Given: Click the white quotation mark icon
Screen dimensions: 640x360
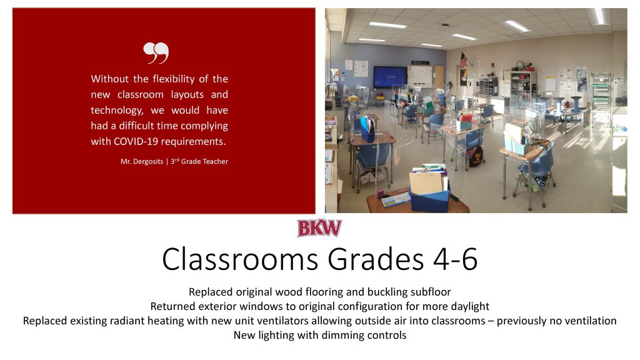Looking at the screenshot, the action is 156,52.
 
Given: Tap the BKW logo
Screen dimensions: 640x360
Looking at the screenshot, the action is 319,228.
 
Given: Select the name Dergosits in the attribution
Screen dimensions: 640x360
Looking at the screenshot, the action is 147,162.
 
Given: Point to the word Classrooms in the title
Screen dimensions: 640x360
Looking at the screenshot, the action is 240,259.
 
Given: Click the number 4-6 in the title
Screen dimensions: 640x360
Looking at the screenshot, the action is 455,259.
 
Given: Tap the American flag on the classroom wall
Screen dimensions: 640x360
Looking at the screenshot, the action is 464,60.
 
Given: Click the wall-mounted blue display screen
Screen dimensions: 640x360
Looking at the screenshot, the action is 390,77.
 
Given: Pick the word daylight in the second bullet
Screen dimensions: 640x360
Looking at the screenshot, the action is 469,306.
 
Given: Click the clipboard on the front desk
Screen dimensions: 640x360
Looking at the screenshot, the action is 426,184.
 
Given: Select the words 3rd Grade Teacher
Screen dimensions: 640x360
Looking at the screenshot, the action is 199,162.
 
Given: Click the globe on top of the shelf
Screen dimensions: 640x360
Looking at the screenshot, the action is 520,64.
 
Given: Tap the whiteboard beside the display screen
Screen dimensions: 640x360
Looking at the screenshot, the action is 420,77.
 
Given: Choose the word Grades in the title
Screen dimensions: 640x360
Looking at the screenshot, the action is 376,259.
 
